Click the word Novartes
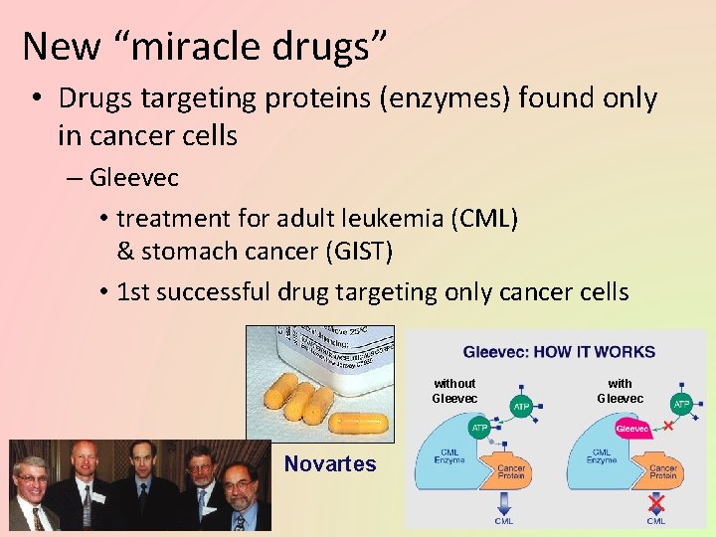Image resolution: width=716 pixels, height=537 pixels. (330, 463)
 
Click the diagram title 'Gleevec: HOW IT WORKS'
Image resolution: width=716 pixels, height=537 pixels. (559, 352)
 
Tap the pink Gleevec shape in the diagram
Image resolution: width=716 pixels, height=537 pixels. (631, 429)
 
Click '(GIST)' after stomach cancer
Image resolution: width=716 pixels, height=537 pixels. (358, 252)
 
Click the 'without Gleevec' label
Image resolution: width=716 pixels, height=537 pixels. (454, 391)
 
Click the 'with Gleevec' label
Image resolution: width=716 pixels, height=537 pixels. (620, 391)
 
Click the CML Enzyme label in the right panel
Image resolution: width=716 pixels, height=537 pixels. (602, 456)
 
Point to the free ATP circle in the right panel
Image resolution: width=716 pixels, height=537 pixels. (682, 405)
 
